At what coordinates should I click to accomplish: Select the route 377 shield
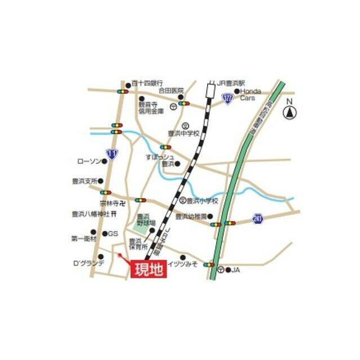[227, 100]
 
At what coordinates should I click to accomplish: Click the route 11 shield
[112, 153]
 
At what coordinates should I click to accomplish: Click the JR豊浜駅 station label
[231, 82]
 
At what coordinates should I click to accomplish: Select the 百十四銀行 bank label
[148, 83]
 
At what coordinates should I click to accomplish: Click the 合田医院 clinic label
[171, 89]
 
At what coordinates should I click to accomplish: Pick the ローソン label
[88, 161]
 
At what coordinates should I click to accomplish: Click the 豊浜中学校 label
[184, 133]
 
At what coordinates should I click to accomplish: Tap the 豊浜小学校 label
[202, 200]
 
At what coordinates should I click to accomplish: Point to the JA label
[236, 270]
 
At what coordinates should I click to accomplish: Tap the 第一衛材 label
[84, 238]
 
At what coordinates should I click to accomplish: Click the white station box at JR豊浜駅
[211, 89]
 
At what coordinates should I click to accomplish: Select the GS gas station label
[113, 233]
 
